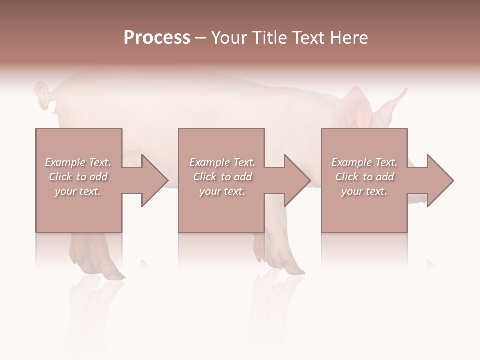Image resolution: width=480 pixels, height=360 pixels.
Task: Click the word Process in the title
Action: (x=157, y=38)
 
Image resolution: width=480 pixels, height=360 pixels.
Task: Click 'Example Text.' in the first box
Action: (x=78, y=162)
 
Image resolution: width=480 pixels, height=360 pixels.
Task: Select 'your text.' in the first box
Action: (x=78, y=191)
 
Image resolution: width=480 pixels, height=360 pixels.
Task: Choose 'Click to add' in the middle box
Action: (x=222, y=177)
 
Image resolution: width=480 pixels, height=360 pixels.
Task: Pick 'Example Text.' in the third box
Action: (x=364, y=162)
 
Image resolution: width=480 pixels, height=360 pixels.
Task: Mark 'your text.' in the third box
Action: (x=364, y=191)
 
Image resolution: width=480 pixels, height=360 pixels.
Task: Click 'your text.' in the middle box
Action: (x=222, y=191)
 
